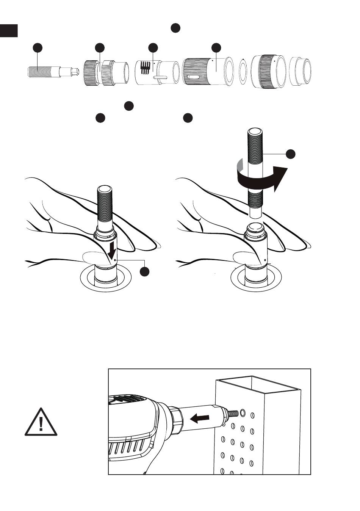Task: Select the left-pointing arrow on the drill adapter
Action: pyautogui.click(x=199, y=419)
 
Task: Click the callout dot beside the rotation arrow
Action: pyautogui.click(x=290, y=154)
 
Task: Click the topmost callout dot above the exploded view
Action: pyautogui.click(x=175, y=28)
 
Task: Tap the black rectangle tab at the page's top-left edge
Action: pyautogui.click(x=9, y=31)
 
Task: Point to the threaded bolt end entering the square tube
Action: pyautogui.click(x=232, y=413)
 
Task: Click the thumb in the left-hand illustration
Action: pyautogui.click(x=93, y=257)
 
